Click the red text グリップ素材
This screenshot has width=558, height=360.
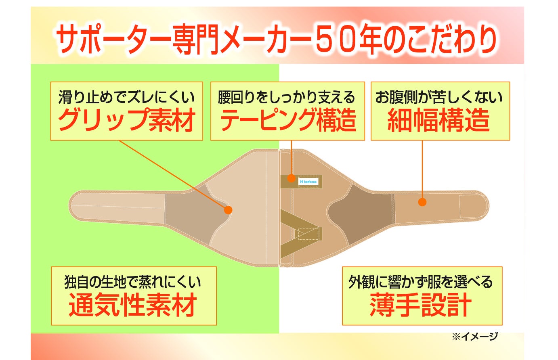point(127,120)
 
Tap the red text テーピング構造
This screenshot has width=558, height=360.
point(287,120)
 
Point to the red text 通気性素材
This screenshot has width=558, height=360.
point(133,305)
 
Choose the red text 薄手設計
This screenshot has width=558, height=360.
point(421,305)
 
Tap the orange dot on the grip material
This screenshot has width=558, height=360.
point(228,210)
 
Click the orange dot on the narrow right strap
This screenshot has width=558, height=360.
point(422,202)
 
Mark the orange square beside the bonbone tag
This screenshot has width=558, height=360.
point(291,178)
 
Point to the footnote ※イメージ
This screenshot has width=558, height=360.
point(475,336)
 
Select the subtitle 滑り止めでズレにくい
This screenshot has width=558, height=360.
point(126,97)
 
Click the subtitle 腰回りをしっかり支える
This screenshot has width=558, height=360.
point(287,97)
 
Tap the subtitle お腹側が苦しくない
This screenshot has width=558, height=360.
point(439,97)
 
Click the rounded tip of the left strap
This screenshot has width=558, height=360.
point(75,207)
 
